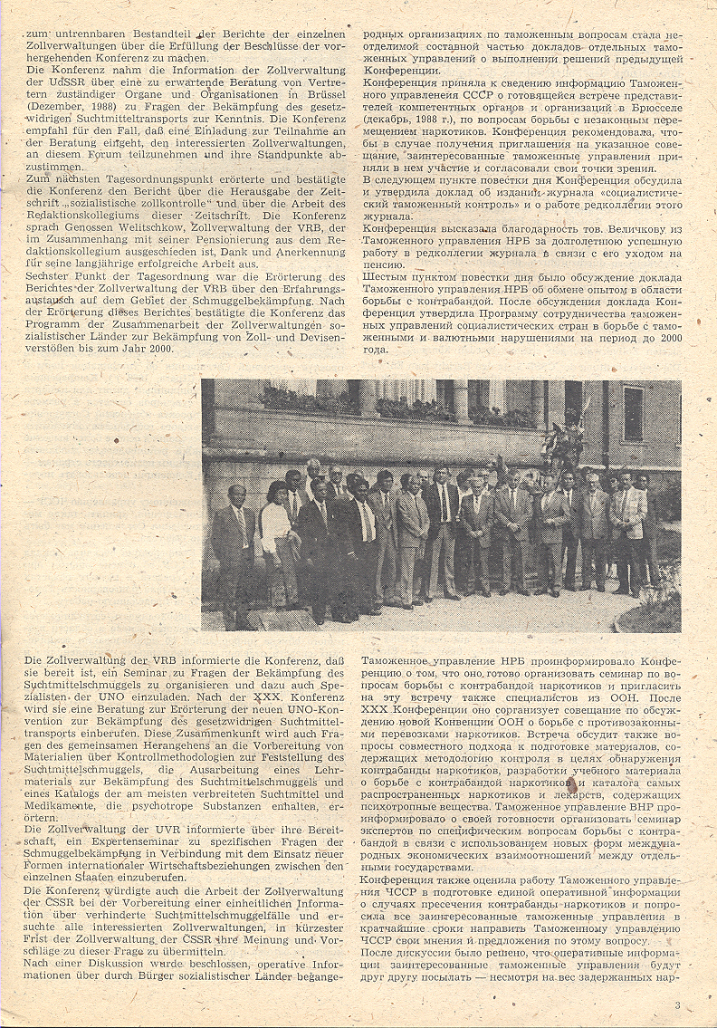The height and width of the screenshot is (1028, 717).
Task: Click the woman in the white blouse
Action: coord(275,534)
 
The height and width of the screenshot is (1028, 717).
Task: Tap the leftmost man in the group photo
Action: coord(234,543)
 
